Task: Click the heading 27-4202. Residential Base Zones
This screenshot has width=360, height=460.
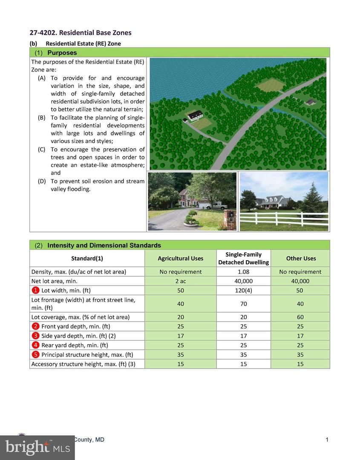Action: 80,33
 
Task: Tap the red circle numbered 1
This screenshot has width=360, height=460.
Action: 35,290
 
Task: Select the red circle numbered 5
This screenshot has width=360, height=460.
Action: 35,354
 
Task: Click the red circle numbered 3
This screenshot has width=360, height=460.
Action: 35,336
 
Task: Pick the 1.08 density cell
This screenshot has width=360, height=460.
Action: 243,272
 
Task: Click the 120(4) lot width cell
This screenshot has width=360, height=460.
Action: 243,290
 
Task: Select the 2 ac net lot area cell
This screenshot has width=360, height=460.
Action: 180,281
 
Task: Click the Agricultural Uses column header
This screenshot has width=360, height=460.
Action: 180,259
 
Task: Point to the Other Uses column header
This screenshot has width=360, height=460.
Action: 301,259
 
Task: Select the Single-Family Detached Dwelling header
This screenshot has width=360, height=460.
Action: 243,259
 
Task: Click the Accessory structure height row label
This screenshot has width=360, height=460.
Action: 83,364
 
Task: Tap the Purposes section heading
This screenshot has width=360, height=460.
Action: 62,53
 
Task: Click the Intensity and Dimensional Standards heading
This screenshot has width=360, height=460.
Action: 104,245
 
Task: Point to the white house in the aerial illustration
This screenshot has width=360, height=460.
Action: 195,115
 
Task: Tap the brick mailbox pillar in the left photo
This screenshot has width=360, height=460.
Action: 230,219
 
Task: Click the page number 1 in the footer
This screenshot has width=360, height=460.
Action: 327,440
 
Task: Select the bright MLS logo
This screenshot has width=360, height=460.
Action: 37,447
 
